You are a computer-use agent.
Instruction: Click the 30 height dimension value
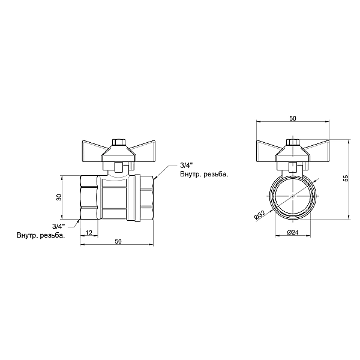pyautogui.click(x=59, y=197)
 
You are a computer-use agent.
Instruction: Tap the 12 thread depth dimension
pyautogui.click(x=89, y=233)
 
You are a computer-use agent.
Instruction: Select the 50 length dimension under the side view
pyautogui.click(x=118, y=241)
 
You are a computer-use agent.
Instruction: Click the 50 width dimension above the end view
pyautogui.click(x=293, y=118)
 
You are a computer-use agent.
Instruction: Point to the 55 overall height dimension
pyautogui.click(x=346, y=178)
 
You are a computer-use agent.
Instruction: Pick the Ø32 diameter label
pyautogui.click(x=259, y=215)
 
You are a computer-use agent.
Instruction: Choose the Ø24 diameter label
pyautogui.click(x=293, y=232)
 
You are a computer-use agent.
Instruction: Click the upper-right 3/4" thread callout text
pyautogui.click(x=187, y=165)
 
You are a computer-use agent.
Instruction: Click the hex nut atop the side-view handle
pyautogui.click(x=118, y=142)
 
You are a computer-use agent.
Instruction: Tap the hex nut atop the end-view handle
pyautogui.click(x=293, y=142)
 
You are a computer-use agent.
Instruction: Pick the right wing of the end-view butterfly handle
pyautogui.click(x=317, y=147)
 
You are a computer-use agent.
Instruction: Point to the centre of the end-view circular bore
pyautogui.click(x=293, y=196)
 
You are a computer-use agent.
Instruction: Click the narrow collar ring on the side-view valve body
pyautogui.click(x=137, y=198)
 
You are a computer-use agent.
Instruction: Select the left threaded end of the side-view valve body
pyautogui.click(x=89, y=197)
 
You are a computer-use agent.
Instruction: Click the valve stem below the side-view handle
pyautogui.click(x=118, y=167)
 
